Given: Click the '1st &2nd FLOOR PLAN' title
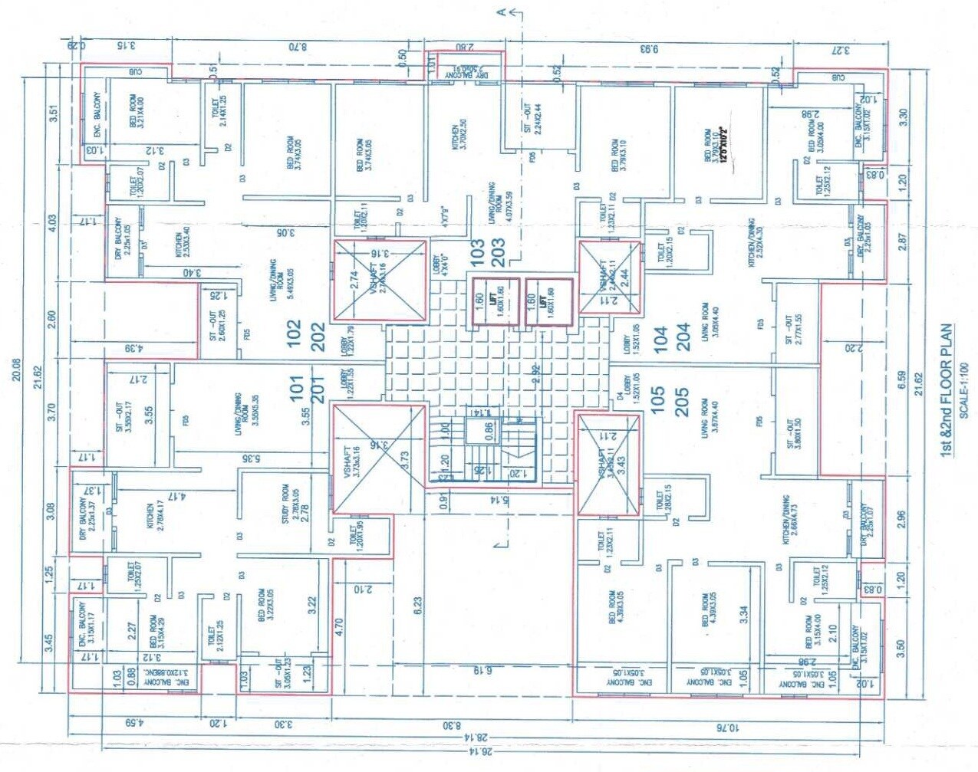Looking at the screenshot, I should (x=947, y=390).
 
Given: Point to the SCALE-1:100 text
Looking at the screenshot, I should (x=964, y=390).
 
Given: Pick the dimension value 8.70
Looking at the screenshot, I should (x=298, y=48).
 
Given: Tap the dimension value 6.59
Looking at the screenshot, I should (x=902, y=380).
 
